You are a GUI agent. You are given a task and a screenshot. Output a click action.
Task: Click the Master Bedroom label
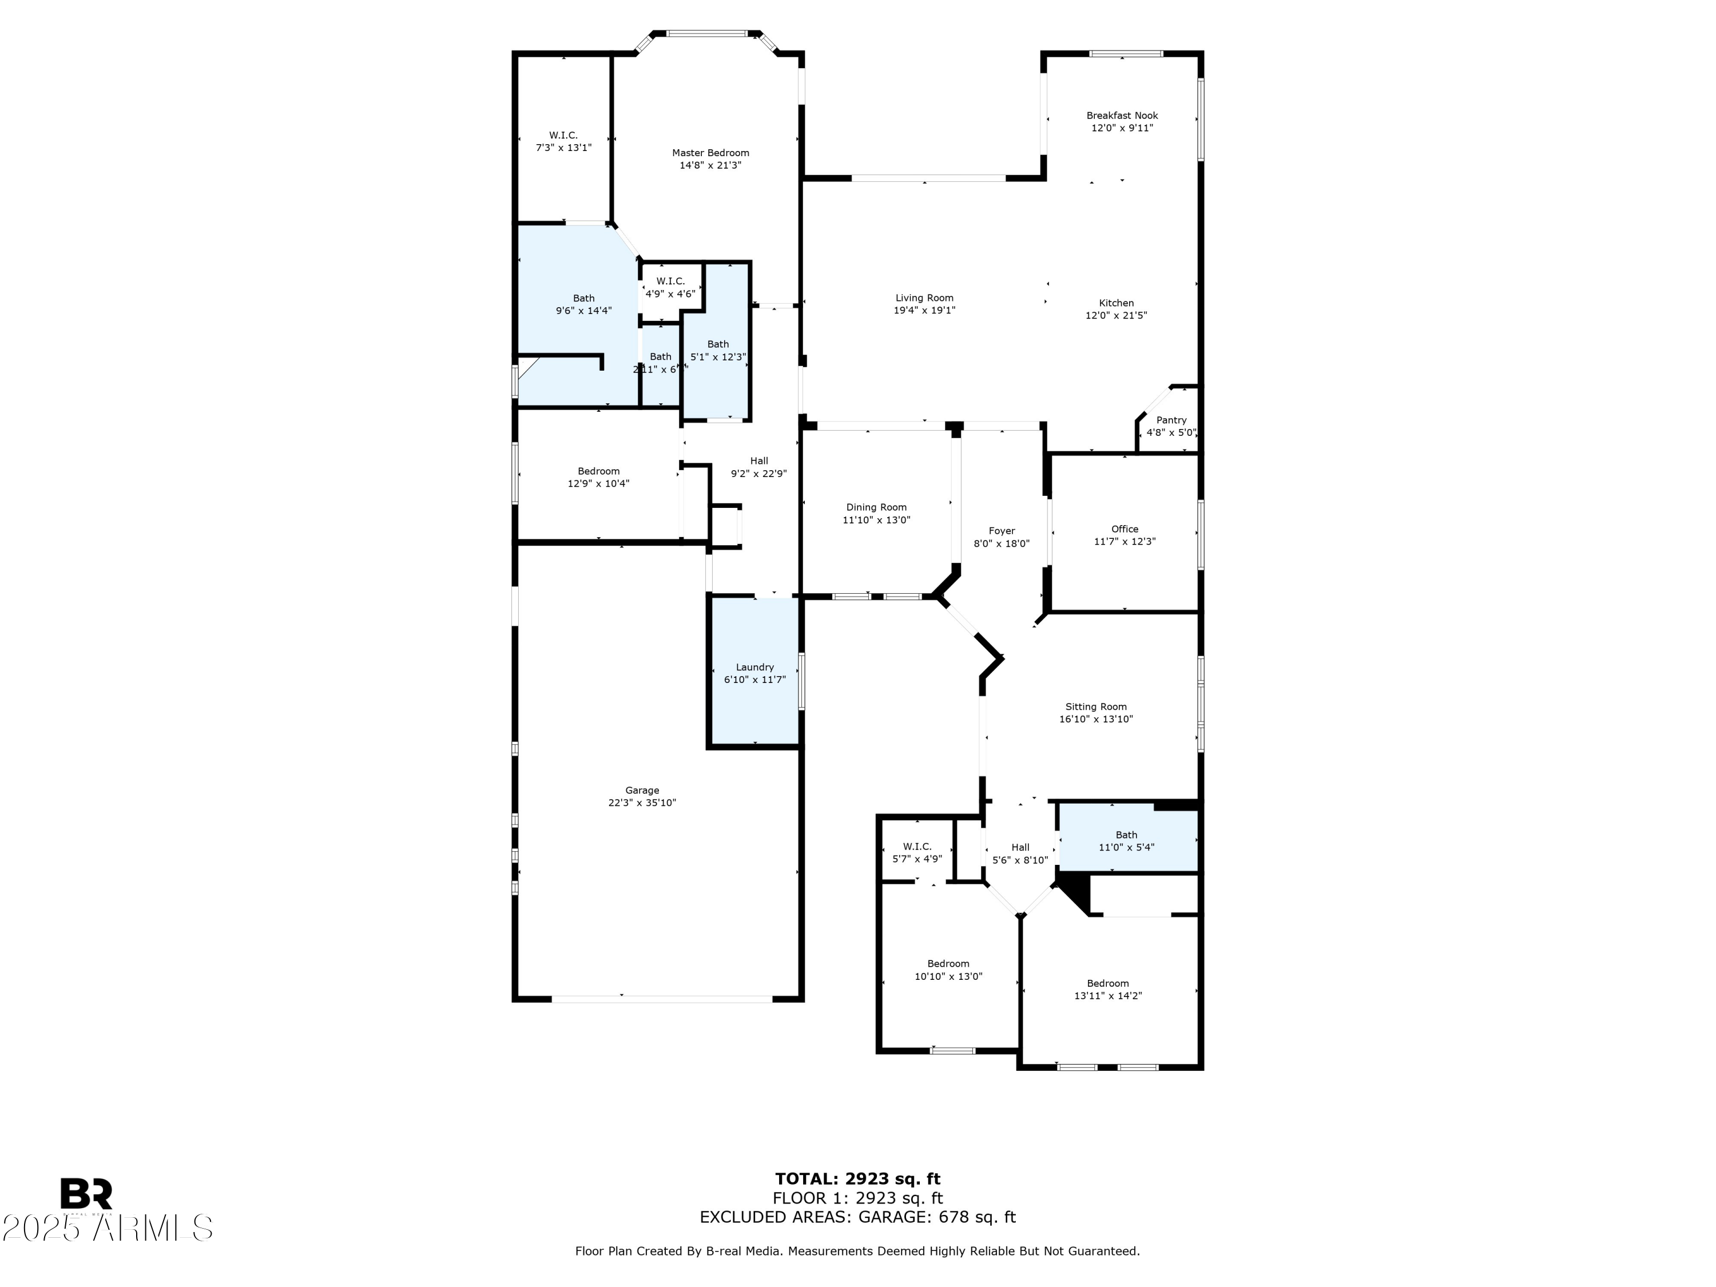710,153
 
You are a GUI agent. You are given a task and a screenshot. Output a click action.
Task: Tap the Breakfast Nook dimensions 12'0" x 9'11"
1122,128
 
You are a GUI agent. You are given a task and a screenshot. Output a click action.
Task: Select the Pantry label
1171,420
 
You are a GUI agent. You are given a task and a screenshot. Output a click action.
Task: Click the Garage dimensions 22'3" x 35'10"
642,803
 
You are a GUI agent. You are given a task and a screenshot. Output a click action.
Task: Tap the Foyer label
1002,531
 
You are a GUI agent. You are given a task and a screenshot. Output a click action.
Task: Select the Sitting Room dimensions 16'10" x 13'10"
1095,719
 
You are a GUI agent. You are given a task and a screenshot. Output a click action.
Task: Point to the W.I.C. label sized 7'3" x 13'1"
563,135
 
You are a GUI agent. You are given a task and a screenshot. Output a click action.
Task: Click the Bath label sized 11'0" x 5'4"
1126,836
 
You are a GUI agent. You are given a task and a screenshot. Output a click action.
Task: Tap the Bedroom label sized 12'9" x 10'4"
598,471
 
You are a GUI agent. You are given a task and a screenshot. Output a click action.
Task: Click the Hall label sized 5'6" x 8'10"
1019,848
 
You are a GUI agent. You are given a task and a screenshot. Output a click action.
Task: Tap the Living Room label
924,298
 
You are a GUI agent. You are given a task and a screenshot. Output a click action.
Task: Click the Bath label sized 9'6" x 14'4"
583,298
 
